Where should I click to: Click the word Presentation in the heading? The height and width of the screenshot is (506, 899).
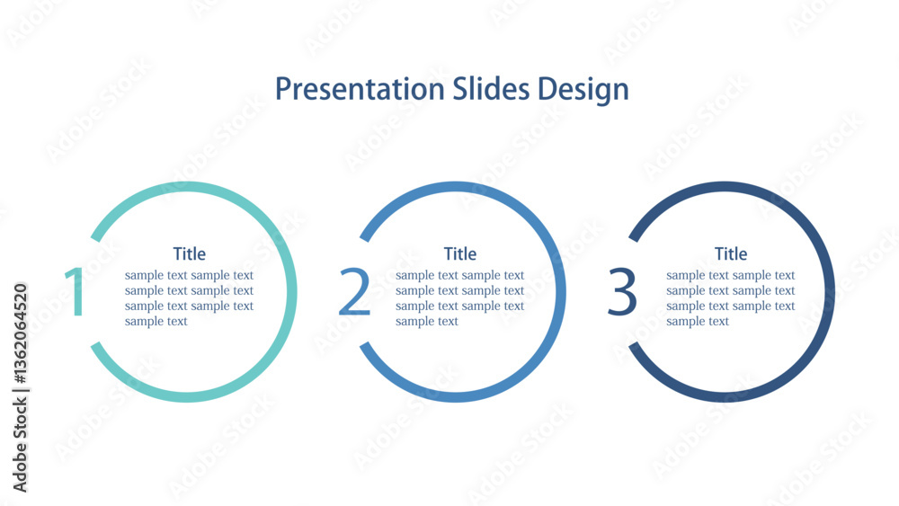tap(360, 89)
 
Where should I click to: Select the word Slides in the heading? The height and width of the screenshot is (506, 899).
tap(492, 88)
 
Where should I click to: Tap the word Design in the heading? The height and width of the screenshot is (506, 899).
tap(583, 90)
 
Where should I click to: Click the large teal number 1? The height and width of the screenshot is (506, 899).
tap(76, 291)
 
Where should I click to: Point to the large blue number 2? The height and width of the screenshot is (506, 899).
tap(353, 291)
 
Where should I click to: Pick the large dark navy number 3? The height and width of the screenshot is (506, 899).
tap(622, 291)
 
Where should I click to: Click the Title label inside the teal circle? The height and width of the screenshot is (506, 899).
tap(189, 253)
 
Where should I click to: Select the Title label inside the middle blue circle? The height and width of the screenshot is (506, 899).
tap(459, 253)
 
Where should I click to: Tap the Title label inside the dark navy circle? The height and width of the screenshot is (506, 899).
tap(730, 253)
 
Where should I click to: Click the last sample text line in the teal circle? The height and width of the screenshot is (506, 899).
tap(156, 322)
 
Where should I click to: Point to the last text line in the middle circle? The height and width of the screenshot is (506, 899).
tap(426, 322)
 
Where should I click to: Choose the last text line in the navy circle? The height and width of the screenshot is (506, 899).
tap(698, 322)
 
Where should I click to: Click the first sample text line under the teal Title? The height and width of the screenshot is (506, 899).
tap(189, 275)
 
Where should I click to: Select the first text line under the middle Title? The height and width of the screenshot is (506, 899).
tap(459, 275)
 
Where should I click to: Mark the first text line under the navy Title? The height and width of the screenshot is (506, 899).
tap(730, 275)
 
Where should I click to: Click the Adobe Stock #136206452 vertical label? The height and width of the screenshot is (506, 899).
tap(20, 387)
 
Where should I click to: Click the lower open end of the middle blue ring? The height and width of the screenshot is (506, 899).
tap(365, 346)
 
